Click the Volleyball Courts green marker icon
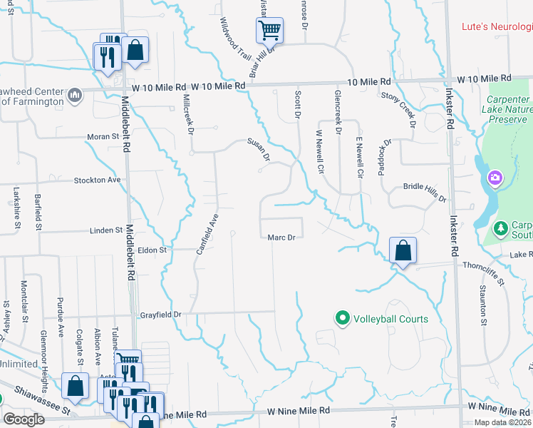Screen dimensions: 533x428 click(x=342, y=318)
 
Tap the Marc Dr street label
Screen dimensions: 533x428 click(x=281, y=238)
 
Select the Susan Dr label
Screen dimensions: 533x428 click(x=259, y=149)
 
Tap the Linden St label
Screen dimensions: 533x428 click(x=106, y=230)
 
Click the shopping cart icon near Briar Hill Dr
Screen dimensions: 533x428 click(x=270, y=30)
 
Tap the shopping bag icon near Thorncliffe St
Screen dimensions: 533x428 click(x=403, y=250)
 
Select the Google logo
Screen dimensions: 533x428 click(x=24, y=419)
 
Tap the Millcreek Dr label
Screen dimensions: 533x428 click(x=188, y=114)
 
